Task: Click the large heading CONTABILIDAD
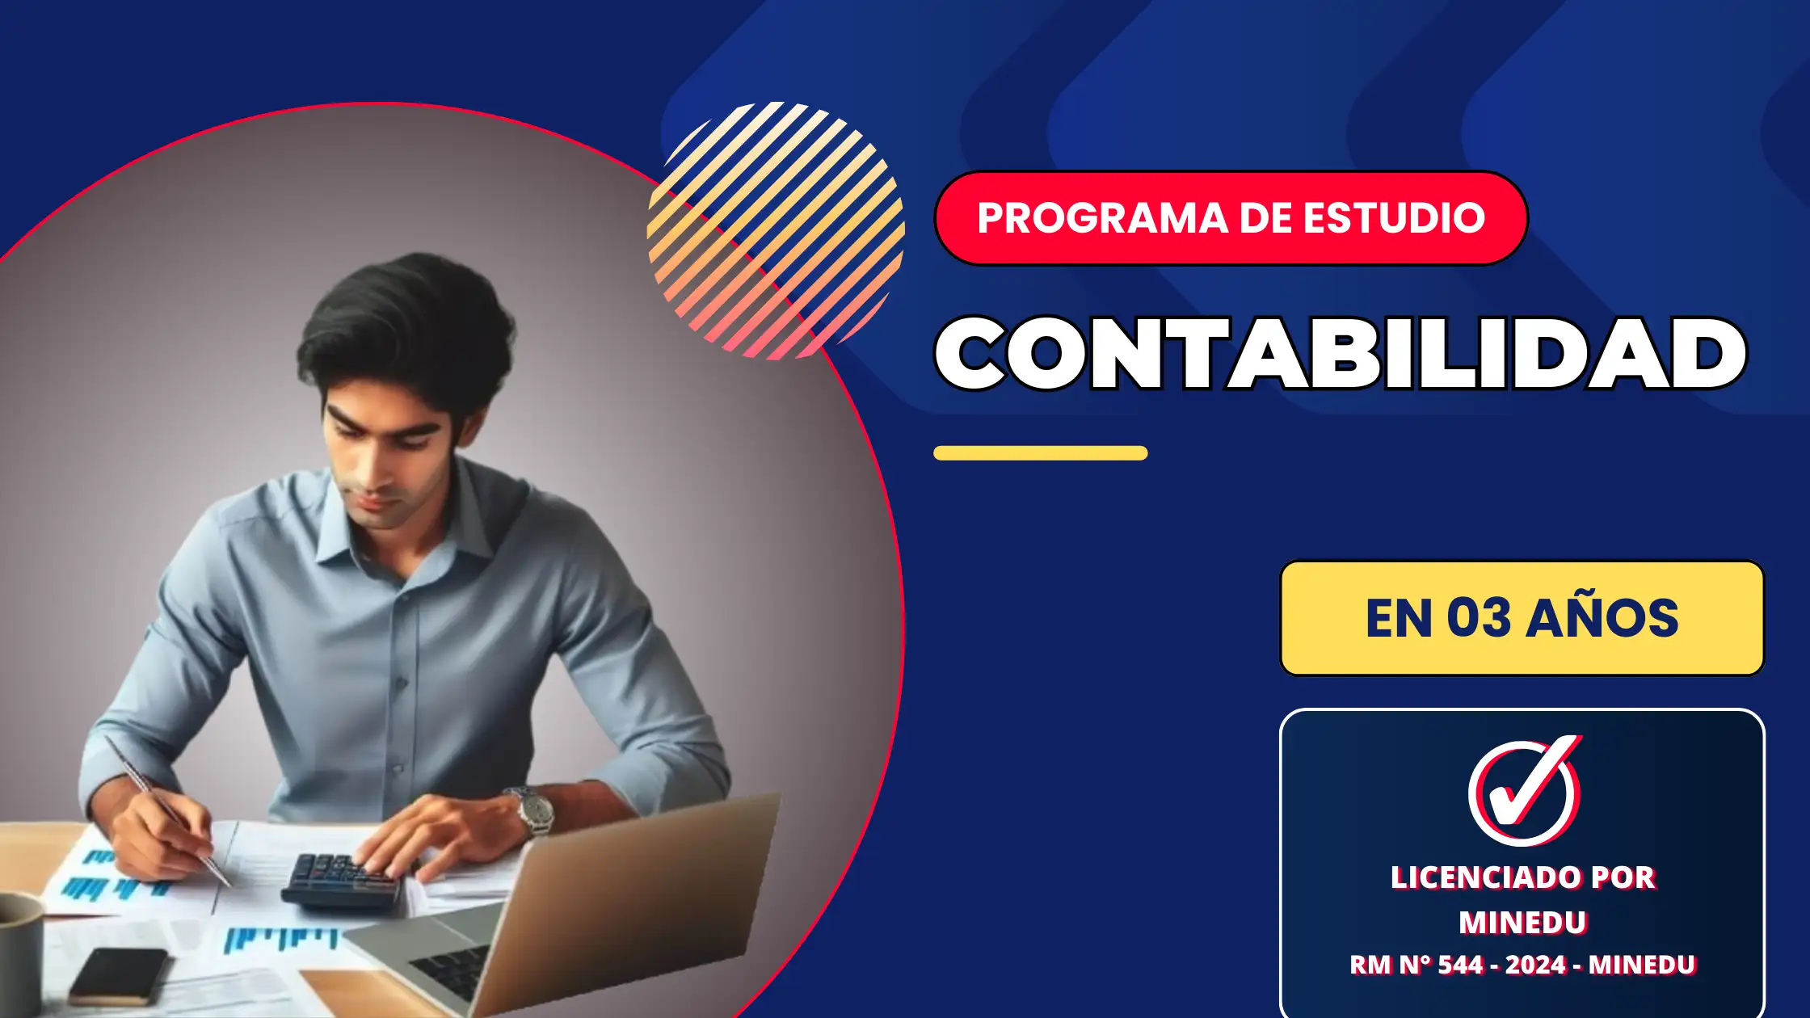coord(1341,354)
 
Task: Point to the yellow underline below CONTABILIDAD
coord(1041,453)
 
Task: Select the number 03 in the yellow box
coord(1478,618)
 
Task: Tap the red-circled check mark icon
coord(1524,790)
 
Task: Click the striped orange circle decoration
coord(776,231)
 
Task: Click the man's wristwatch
coord(533,810)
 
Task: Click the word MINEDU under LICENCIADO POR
coord(1523,923)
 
